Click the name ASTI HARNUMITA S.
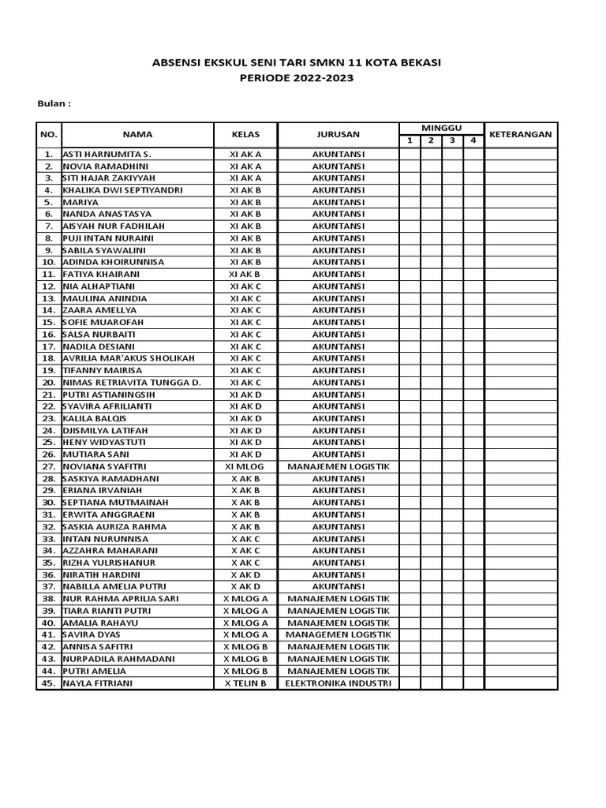coord(107,154)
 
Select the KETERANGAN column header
coord(521,134)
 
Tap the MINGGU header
coord(441,128)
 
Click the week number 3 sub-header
coord(452,140)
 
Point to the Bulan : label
coord(54,103)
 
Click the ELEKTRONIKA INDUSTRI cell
coord(339,683)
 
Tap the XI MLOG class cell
coord(245,466)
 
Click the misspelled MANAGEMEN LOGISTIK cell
coord(339,634)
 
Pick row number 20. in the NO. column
coord(49,383)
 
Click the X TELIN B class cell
coord(245,683)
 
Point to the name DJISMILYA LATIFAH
coord(105,430)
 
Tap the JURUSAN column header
coord(339,134)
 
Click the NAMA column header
coord(137,134)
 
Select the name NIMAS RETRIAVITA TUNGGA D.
coord(131,383)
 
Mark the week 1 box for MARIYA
coord(410,202)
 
